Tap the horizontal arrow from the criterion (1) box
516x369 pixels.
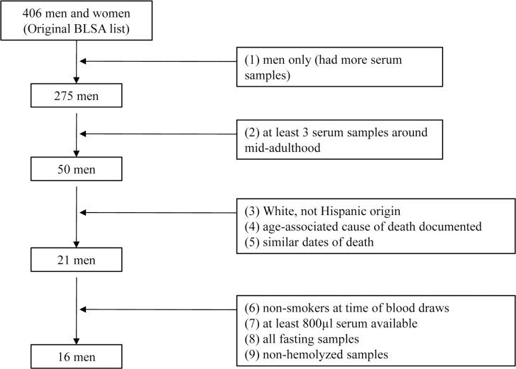click(x=156, y=62)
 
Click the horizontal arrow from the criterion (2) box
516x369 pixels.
click(x=156, y=131)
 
